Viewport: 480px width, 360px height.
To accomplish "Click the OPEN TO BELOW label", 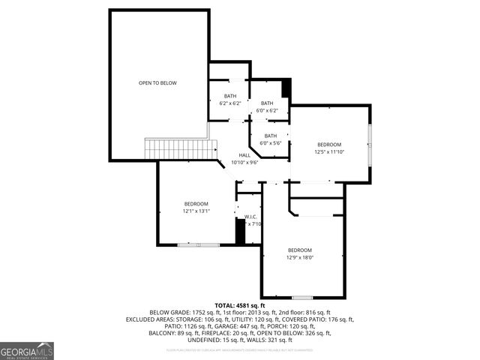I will [x=157, y=82].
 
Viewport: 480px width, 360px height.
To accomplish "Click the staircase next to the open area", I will [x=176, y=148].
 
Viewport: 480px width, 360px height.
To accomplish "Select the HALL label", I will [x=244, y=155].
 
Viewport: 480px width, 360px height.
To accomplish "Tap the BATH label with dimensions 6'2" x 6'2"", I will [x=229, y=99].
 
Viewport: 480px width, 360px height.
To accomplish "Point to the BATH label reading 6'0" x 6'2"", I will [x=267, y=106].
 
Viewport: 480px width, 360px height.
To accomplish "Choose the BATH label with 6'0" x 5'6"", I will [x=270, y=139].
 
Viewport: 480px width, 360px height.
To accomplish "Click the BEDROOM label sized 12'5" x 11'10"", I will [x=328, y=148].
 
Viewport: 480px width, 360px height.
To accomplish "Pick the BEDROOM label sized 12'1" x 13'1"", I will [x=196, y=207].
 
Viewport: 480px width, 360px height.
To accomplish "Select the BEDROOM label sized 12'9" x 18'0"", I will [x=300, y=253].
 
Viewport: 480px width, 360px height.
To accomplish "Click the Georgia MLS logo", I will [x=27, y=350].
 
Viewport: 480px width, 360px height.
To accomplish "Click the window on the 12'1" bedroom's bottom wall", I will [x=199, y=244].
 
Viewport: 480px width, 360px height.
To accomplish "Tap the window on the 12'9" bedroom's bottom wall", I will [x=301, y=297].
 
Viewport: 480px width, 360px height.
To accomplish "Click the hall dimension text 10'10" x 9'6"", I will [x=244, y=162].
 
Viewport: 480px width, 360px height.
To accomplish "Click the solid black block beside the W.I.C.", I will [x=240, y=230].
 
